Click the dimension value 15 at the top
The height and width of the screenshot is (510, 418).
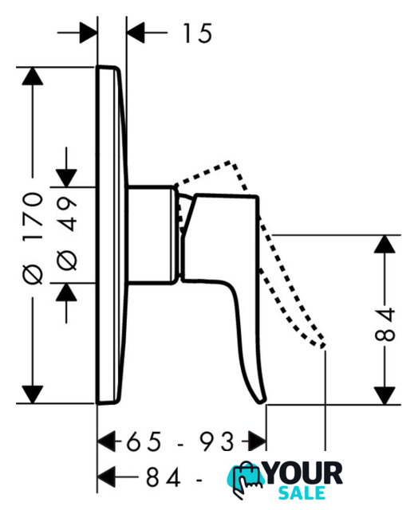[x=197, y=33]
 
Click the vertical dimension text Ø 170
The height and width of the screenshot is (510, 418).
[x=33, y=238]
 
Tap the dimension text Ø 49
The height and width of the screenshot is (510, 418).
[x=67, y=233]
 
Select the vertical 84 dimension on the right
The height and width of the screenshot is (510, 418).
[x=384, y=324]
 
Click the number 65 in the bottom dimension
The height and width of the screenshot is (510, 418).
[x=144, y=441]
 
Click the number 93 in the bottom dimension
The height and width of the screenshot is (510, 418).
[x=217, y=441]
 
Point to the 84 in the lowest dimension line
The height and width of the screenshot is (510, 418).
[x=163, y=477]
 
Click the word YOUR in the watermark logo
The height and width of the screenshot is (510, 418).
[x=302, y=473]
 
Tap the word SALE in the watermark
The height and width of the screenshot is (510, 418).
[x=302, y=493]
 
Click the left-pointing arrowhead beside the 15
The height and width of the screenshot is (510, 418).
[x=136, y=33]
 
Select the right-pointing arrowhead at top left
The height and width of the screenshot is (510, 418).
[x=89, y=33]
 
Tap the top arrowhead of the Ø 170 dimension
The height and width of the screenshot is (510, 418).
[x=33, y=76]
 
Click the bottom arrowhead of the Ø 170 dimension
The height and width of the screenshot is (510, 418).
[x=33, y=395]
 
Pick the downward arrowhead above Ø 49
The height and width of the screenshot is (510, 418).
[x=66, y=178]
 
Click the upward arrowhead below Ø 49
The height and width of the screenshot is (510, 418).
[x=66, y=292]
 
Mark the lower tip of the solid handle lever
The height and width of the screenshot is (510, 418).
[x=262, y=402]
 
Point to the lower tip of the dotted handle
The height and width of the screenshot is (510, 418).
[x=322, y=346]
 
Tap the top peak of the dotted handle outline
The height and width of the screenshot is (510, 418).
[x=231, y=161]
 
